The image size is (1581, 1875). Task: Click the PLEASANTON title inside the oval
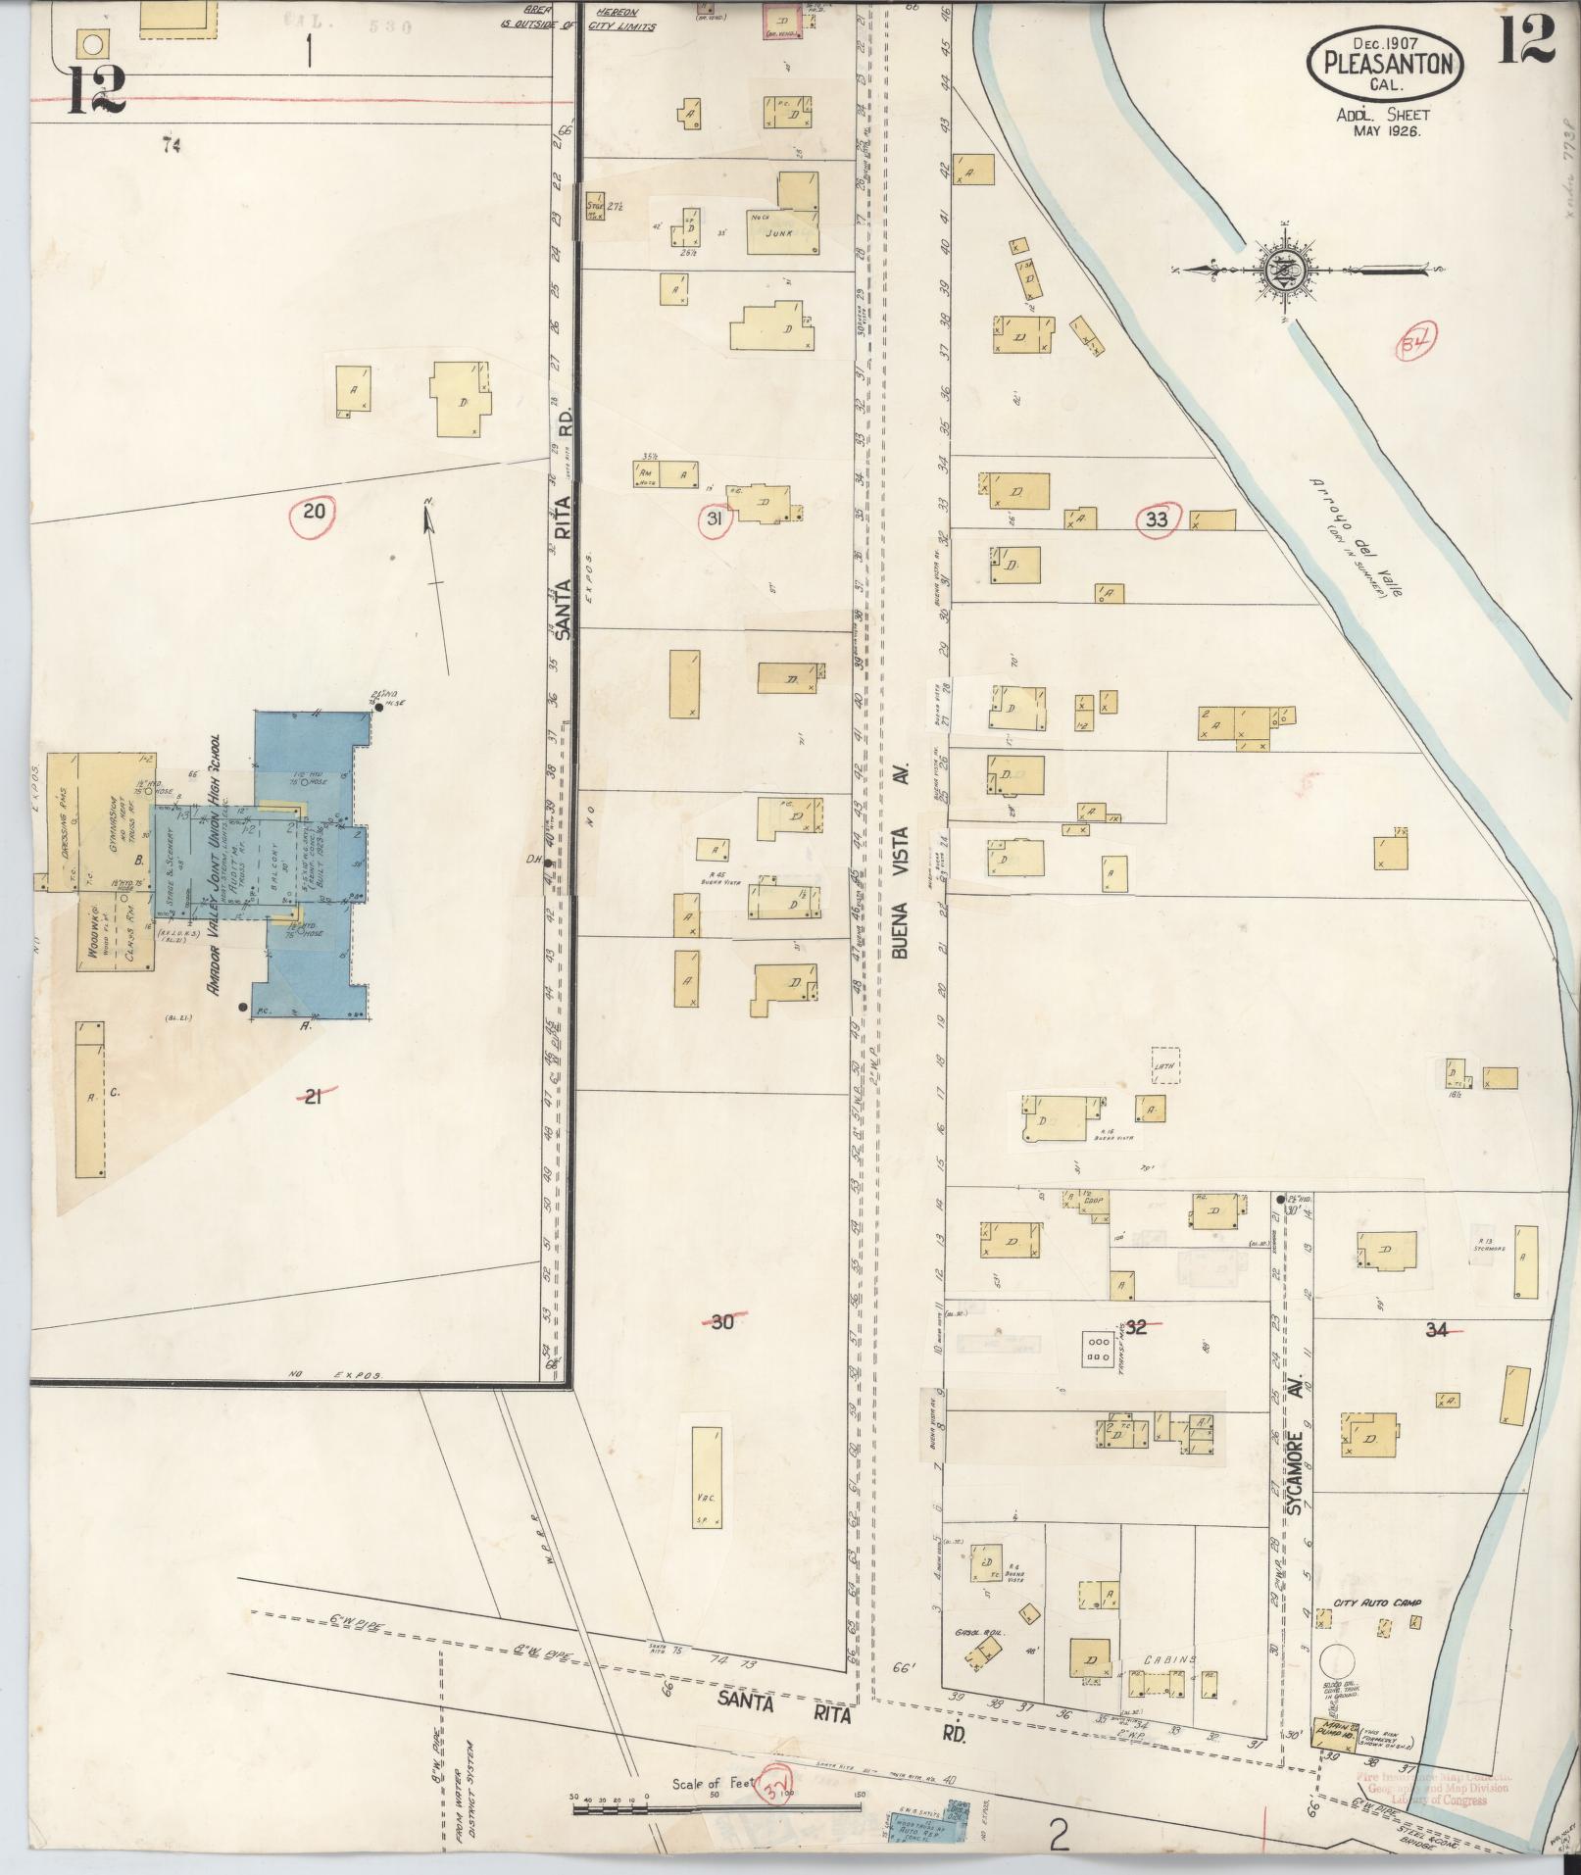pos(1386,64)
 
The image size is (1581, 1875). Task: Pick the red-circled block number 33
pos(1158,519)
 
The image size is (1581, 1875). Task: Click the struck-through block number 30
pos(722,1321)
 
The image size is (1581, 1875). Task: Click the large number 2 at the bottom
pos(1058,1835)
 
